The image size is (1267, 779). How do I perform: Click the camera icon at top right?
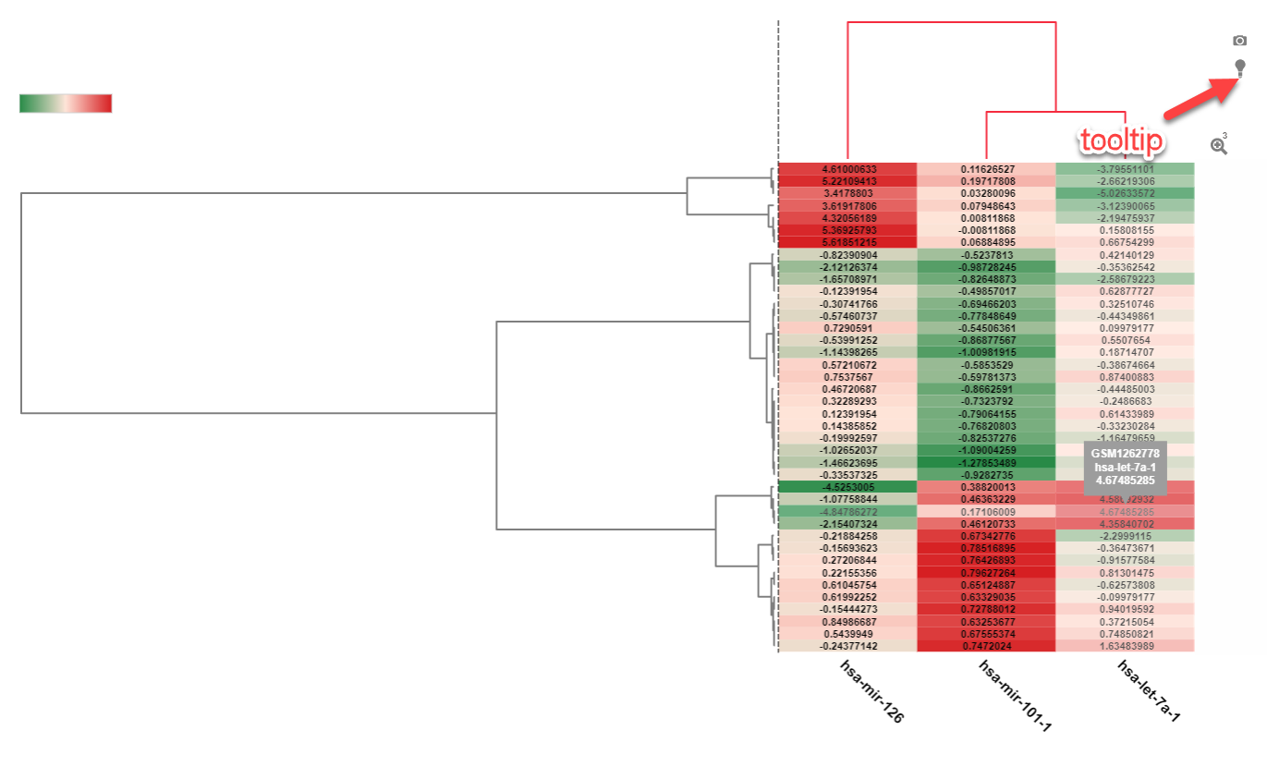(x=1240, y=41)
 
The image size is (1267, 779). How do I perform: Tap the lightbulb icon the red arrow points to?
(x=1240, y=67)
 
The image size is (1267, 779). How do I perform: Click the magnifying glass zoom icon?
(x=1219, y=145)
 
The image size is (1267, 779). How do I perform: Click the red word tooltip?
(x=1122, y=141)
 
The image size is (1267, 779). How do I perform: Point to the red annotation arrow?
(x=1200, y=99)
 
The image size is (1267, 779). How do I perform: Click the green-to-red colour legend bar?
(x=66, y=103)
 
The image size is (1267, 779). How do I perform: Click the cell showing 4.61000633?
(x=847, y=169)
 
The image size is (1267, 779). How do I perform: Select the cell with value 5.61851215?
(x=847, y=241)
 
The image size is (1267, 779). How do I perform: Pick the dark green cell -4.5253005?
(x=847, y=486)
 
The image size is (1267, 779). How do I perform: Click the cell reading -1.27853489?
(x=986, y=462)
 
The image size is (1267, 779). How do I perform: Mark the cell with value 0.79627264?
(x=986, y=573)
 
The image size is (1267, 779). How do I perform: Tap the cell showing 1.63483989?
(x=1125, y=646)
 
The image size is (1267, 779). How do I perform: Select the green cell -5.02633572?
(x=1125, y=193)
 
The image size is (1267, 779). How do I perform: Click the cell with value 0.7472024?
(x=986, y=646)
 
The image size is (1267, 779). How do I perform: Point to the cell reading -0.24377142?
(x=847, y=646)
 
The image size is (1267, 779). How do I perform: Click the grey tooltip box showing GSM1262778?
(x=1125, y=467)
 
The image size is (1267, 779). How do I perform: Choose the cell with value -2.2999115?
(x=1125, y=535)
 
